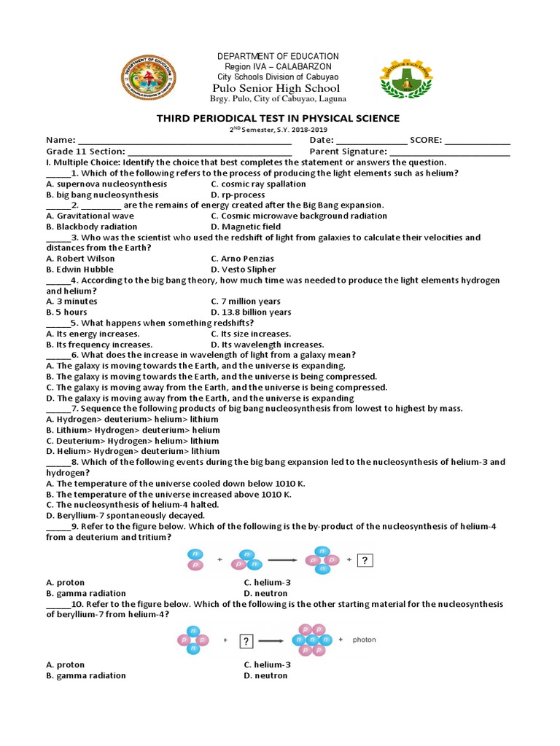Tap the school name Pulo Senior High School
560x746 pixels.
click(279, 88)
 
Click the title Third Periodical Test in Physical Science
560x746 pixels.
click(279, 118)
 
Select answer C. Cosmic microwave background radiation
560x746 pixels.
click(299, 216)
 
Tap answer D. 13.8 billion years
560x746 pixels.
click(251, 312)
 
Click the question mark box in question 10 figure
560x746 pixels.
click(246, 640)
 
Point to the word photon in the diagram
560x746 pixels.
click(365, 640)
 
